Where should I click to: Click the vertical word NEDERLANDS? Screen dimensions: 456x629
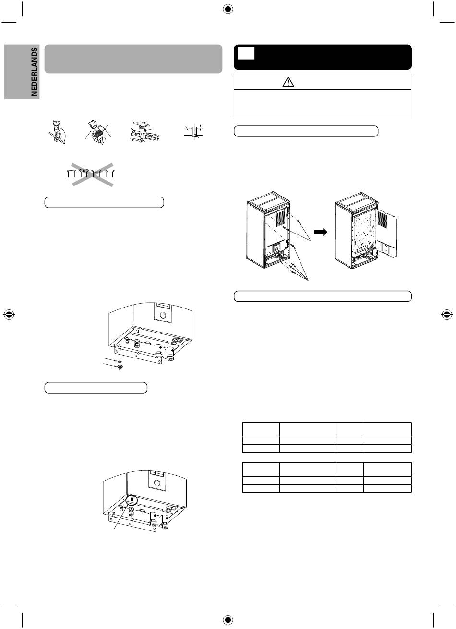coord(34,72)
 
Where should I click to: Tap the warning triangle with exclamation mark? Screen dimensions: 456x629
coord(288,82)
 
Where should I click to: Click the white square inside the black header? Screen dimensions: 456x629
coord(246,53)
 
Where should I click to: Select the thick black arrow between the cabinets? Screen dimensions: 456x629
coord(321,232)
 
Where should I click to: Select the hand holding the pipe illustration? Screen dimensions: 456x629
coord(98,132)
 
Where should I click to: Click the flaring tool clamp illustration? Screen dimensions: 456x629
coord(145,132)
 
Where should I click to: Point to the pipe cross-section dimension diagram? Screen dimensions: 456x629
coord(194,132)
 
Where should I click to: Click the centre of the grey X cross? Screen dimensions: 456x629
coord(93,174)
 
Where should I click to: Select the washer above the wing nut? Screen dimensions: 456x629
coord(120,362)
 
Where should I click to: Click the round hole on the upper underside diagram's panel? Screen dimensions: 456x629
coord(163,314)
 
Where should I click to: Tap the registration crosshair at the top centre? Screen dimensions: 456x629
coord(228,10)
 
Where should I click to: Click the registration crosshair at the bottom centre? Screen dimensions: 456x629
coord(228,619)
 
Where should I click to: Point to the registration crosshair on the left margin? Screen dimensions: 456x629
coord(9,315)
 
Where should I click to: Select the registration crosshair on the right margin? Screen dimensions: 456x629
coord(447,315)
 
